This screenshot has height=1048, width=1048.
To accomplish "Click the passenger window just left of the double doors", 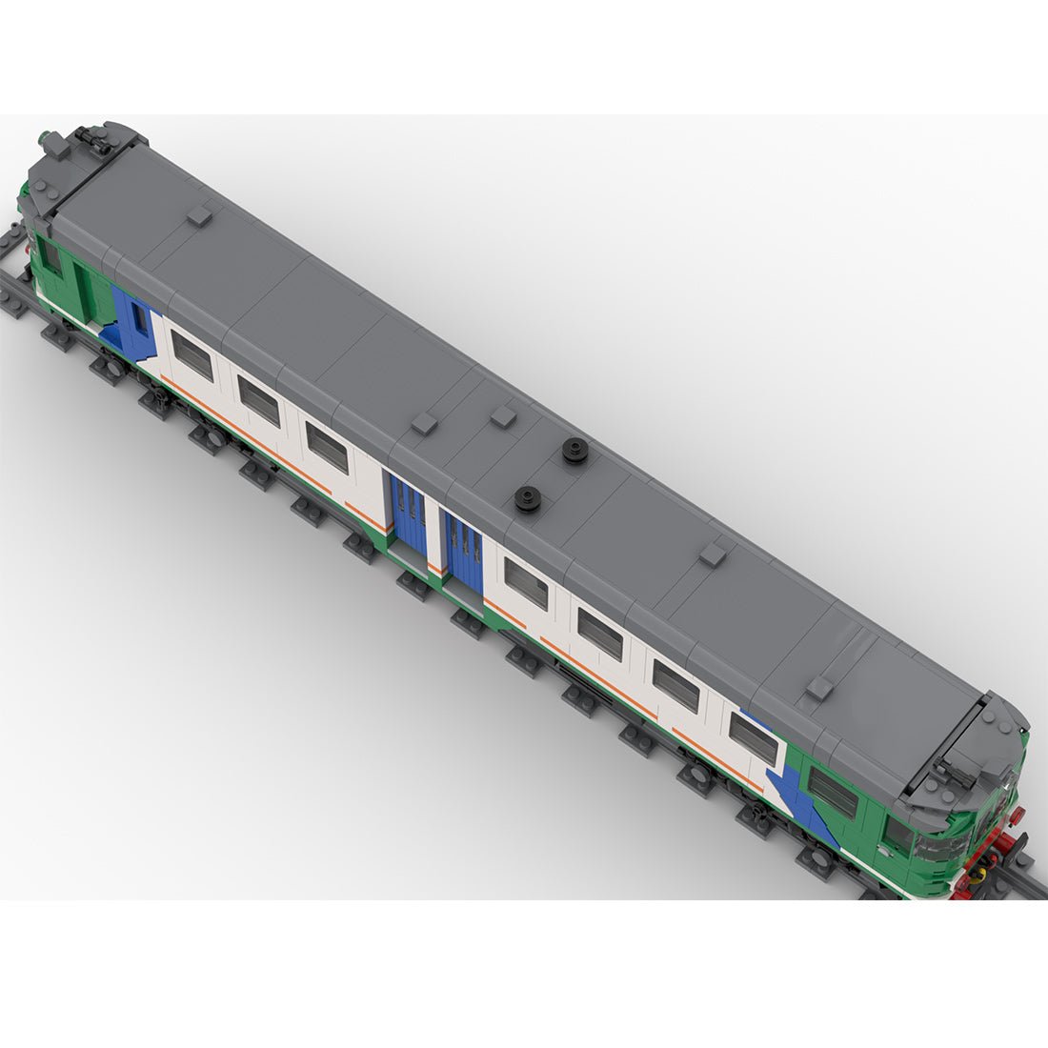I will click(328, 446).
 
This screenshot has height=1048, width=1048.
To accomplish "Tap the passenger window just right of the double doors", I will click(526, 583).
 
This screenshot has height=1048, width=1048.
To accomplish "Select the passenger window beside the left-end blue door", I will click(191, 356).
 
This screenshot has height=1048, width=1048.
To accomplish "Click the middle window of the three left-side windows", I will click(258, 400).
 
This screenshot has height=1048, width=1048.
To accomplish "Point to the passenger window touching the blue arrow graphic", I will click(753, 736).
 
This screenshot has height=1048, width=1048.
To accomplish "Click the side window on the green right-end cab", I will click(832, 793).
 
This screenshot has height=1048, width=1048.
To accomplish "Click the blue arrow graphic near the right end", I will click(805, 800).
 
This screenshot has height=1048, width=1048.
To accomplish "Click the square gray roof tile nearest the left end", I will click(199, 216).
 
